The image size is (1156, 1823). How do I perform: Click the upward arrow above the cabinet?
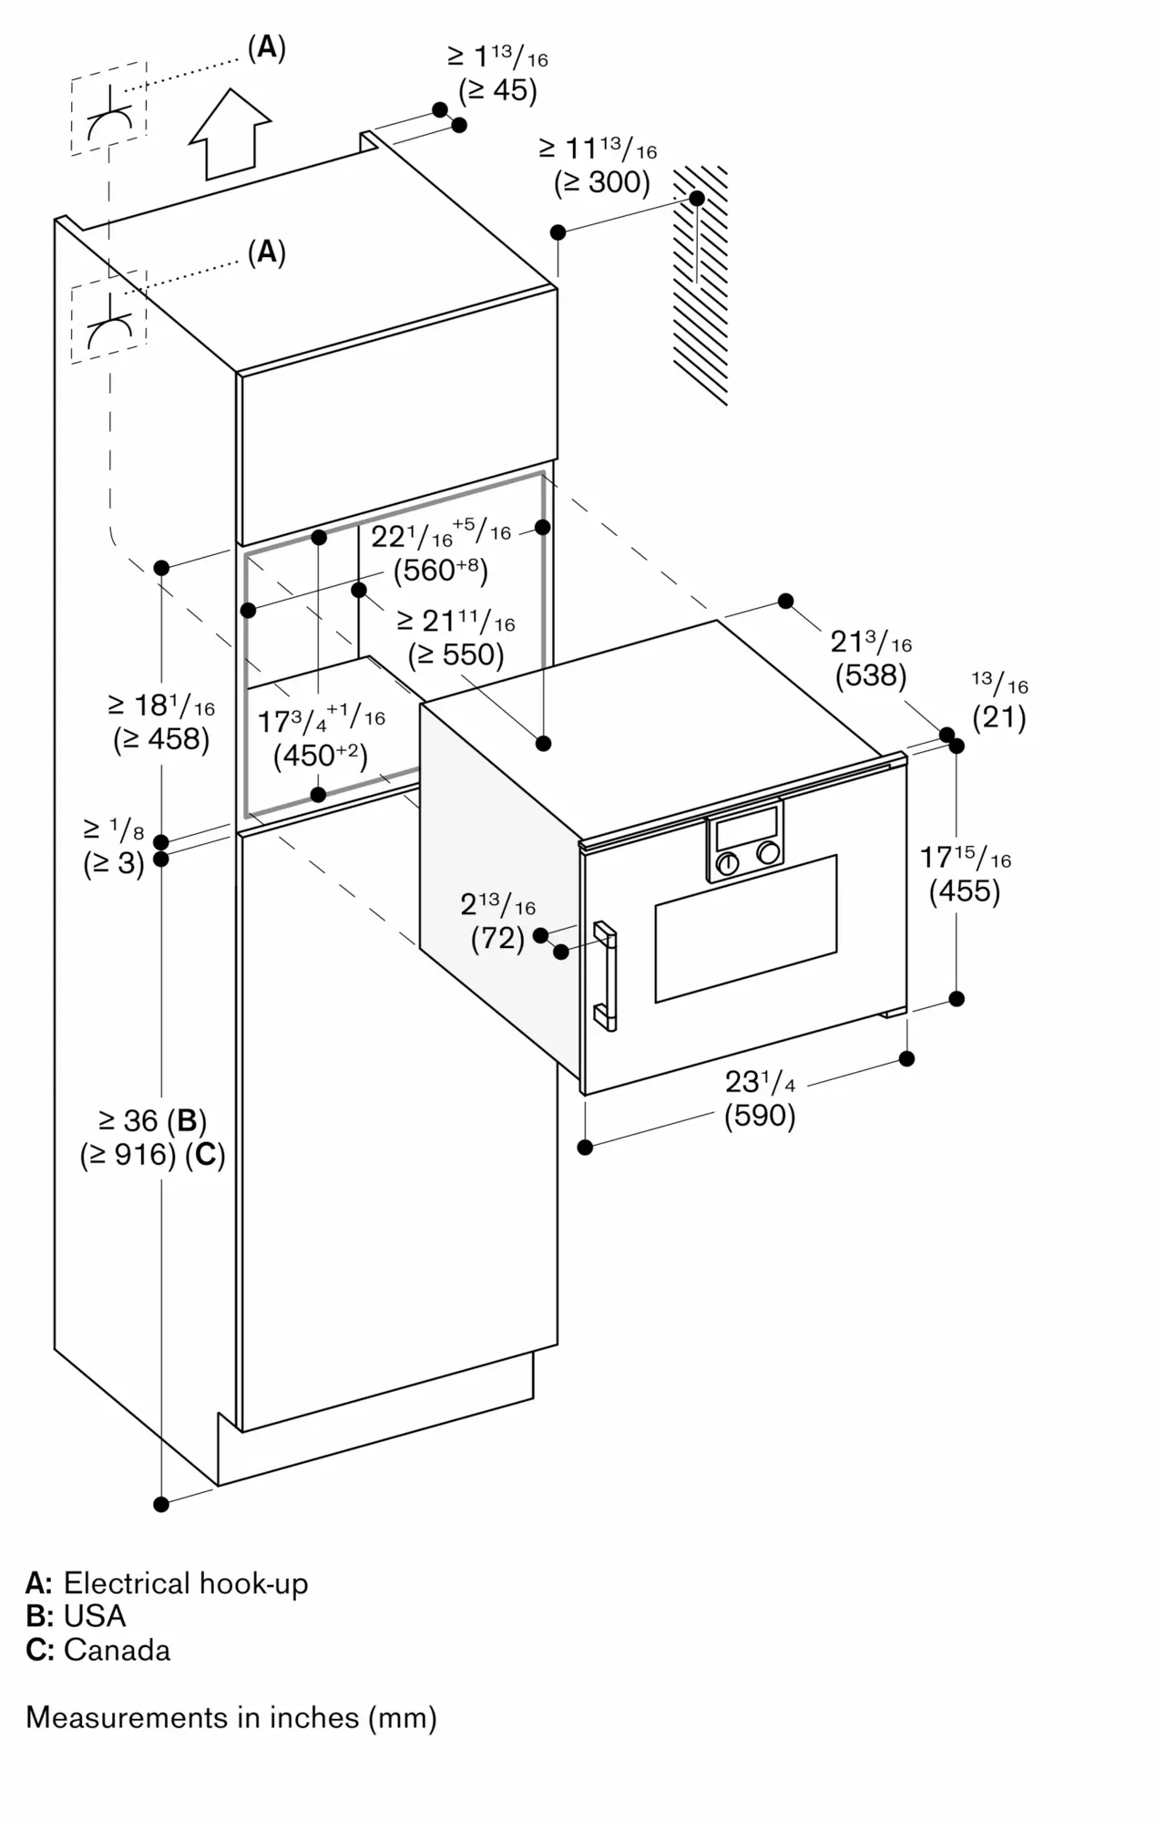click(230, 134)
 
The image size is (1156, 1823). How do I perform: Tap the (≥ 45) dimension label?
click(497, 90)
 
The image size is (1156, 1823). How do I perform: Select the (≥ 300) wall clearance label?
click(602, 182)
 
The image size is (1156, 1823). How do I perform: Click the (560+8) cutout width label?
click(441, 571)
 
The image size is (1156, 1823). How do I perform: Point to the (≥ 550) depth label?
click(455, 654)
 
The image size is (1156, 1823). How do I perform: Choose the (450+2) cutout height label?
click(321, 756)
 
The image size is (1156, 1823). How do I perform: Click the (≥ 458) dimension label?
click(161, 739)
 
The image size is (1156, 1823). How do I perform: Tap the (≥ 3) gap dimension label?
click(114, 862)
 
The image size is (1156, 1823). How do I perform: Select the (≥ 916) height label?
click(128, 1155)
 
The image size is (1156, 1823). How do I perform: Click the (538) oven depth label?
click(871, 675)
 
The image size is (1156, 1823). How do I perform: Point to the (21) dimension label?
click(999, 717)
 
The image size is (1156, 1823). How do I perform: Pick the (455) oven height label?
click(965, 891)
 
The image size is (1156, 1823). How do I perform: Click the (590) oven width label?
click(760, 1116)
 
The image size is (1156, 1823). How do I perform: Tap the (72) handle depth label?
click(497, 938)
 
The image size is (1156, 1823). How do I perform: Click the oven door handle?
click(606, 975)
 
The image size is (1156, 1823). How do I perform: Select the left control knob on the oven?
click(727, 864)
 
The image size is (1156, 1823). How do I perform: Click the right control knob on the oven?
click(769, 853)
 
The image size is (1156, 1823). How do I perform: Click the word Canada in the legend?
click(118, 1650)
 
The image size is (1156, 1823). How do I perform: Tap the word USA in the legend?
click(95, 1615)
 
